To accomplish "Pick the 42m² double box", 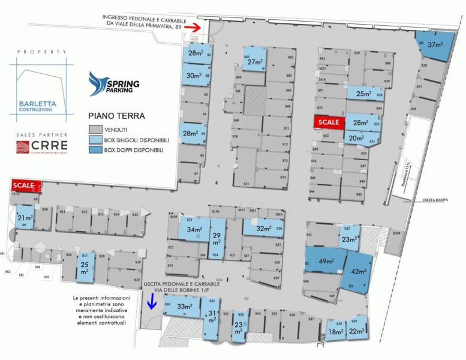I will pos(359,272).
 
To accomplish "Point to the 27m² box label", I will pos(255,62).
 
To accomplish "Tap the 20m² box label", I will pos(357,138).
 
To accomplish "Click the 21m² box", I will pos(25,218).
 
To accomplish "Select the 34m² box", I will pos(194,229).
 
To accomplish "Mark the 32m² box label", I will pos(264,228).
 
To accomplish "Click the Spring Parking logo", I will pos(114,83).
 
